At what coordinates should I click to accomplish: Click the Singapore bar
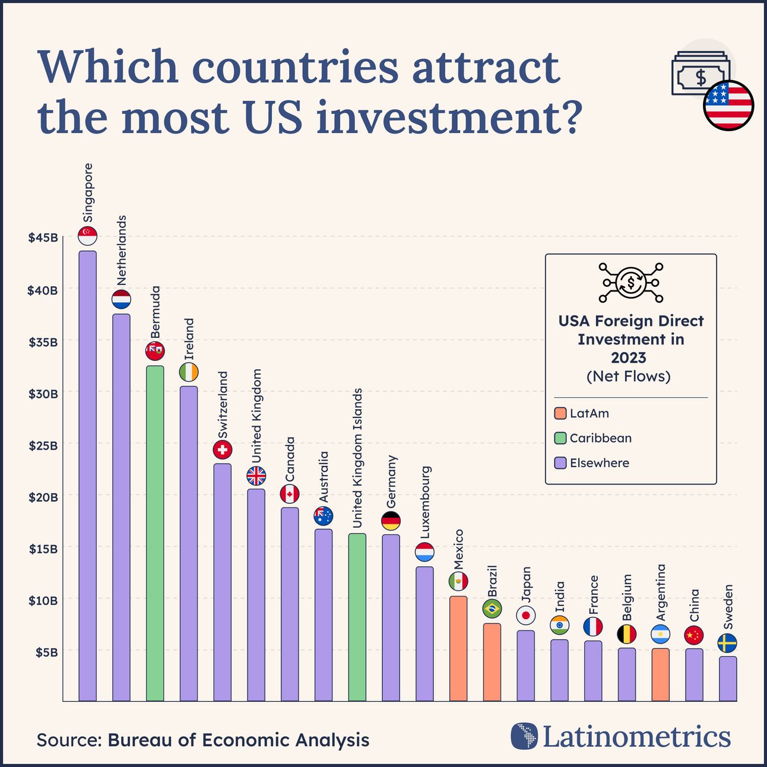tap(87, 475)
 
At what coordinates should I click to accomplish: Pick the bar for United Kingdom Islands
tap(357, 617)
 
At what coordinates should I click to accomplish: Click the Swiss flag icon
tap(222, 449)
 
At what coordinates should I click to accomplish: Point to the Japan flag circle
tap(525, 615)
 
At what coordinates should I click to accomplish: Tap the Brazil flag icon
tap(492, 608)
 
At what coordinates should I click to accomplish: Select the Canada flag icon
tap(290, 493)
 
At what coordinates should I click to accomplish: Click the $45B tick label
tap(43, 238)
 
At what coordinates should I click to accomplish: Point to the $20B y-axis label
tap(43, 497)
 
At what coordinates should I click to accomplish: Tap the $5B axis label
tap(46, 652)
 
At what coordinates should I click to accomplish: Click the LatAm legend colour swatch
tap(560, 413)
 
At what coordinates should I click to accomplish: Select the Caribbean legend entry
tap(600, 438)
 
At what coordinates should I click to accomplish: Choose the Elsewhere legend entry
tap(599, 463)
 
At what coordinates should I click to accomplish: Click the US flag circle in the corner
tap(728, 105)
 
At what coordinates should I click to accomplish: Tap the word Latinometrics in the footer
tap(636, 737)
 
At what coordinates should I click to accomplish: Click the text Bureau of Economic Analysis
tap(238, 740)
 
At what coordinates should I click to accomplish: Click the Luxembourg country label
tap(425, 502)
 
